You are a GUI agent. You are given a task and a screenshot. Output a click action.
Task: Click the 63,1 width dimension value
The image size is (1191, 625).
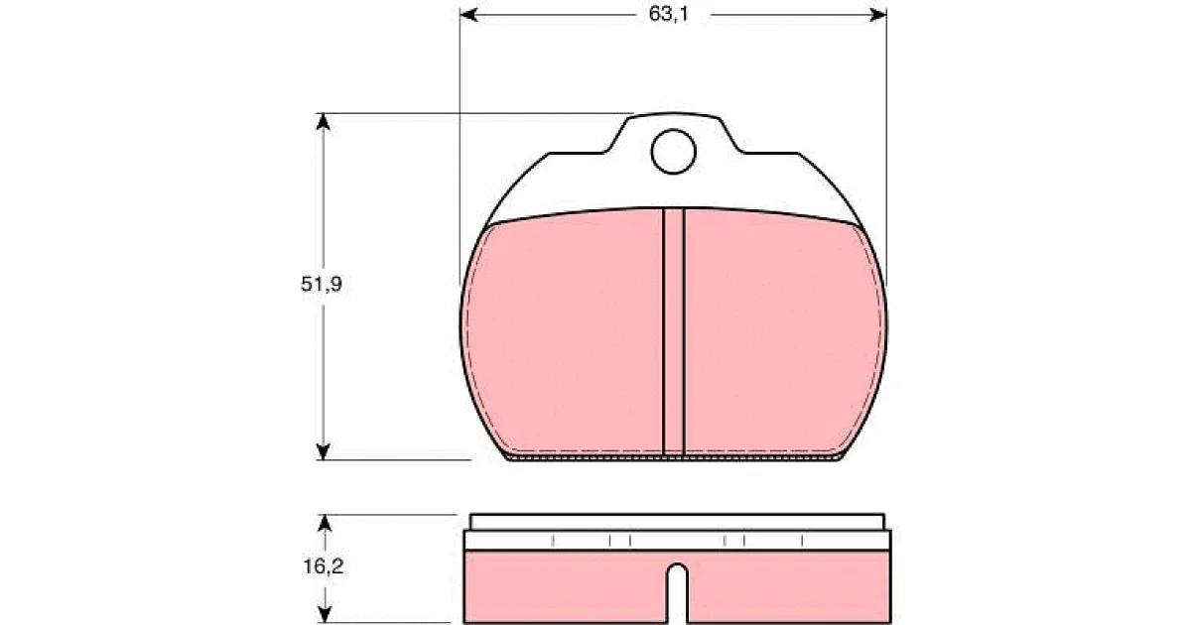click(x=668, y=14)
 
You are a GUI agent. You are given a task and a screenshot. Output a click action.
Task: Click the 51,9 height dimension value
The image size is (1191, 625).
click(x=322, y=285)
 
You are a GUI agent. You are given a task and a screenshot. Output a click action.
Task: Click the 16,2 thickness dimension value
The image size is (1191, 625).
click(x=324, y=566)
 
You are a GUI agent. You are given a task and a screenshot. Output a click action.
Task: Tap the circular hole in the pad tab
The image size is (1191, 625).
click(x=673, y=152)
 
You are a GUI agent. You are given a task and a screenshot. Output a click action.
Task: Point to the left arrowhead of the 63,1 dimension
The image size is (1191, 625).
click(x=468, y=15)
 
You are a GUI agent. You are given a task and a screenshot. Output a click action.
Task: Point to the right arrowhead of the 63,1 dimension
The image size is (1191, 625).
click(x=877, y=15)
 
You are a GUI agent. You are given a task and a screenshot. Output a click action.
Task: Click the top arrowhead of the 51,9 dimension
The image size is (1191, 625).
click(x=323, y=122)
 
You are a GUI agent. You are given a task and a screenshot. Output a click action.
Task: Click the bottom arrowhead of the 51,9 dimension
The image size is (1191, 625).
click(x=323, y=451)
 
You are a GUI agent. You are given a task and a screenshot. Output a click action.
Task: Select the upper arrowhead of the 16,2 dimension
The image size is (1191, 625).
click(x=325, y=524)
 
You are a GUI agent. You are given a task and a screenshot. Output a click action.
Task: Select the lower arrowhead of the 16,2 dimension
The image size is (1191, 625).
click(x=325, y=613)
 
